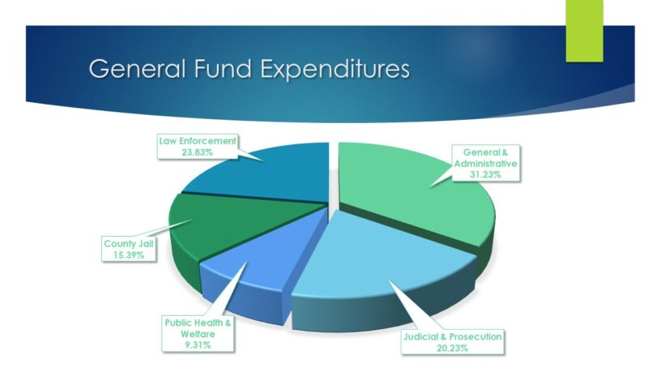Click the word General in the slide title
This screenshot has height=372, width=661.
pyautogui.click(x=137, y=68)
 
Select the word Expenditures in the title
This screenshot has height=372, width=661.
pyautogui.click(x=335, y=70)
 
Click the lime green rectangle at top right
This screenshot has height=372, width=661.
pyautogui.click(x=584, y=31)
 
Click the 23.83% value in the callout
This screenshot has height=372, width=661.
pyautogui.click(x=198, y=152)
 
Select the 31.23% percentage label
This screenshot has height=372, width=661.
pyautogui.click(x=485, y=174)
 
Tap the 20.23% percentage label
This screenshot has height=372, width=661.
pyautogui.click(x=452, y=348)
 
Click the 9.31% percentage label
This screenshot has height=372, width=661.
pyautogui.click(x=198, y=345)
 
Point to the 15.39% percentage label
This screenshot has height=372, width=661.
pyautogui.click(x=129, y=254)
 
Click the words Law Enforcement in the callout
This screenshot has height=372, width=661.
pyautogui.click(x=198, y=141)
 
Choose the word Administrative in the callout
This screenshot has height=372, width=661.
pyautogui.click(x=486, y=164)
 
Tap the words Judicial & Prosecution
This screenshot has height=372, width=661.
pyautogui.click(x=453, y=336)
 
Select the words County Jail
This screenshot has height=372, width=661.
pyautogui.click(x=129, y=244)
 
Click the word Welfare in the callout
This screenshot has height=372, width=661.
pyautogui.click(x=198, y=334)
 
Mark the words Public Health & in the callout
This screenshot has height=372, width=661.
pyautogui.click(x=198, y=323)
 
